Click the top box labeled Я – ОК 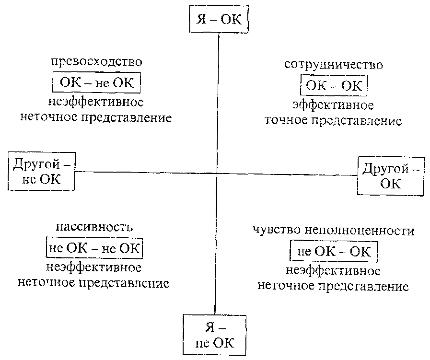pos(218,20)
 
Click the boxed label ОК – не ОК pos(96,83)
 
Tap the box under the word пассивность pos(94,248)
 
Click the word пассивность pos(94,227)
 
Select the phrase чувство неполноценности pos(334,231)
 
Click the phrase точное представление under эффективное pos(334,120)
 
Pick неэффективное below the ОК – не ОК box pos(96,103)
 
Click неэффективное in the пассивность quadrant pos(94,267)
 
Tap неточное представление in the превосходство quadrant pos(96,118)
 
